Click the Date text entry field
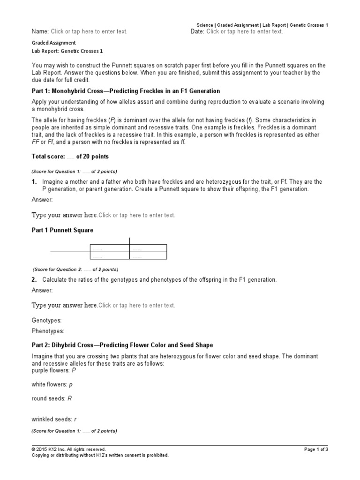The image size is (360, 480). click(x=244, y=31)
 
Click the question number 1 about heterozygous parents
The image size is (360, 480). click(x=34, y=181)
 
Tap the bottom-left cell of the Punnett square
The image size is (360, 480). click(x=109, y=256)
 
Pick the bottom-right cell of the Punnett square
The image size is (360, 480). click(x=148, y=256)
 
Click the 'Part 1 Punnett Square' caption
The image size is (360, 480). click(x=62, y=230)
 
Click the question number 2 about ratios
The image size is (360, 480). click(x=34, y=280)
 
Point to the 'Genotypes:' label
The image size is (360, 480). click(x=46, y=320)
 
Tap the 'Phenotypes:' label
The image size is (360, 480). click(x=48, y=331)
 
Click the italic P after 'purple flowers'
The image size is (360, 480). click(x=74, y=370)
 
